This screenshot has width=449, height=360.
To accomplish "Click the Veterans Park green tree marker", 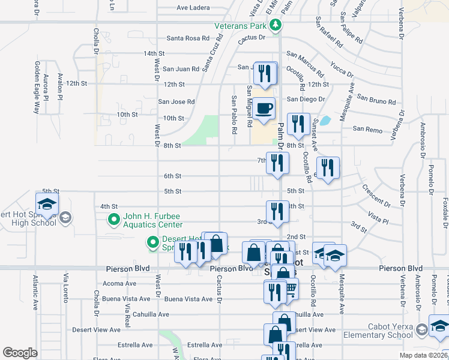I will point(276,25).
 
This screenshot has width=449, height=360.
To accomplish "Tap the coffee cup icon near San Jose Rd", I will point(264,109).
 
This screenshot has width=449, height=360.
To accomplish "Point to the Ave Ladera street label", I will point(193,8).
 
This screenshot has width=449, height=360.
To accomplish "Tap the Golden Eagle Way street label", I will point(37,88).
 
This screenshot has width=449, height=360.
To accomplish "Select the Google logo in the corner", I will point(20,353).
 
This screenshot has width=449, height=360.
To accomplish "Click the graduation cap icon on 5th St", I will point(47,203).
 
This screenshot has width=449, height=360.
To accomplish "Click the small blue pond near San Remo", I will point(325,121).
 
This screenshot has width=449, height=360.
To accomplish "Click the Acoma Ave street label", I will point(120,283).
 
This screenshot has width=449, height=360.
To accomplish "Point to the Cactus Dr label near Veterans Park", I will point(251,38).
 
